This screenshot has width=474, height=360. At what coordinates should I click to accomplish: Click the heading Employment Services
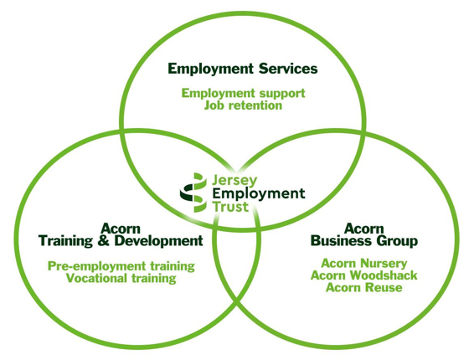tap(243, 69)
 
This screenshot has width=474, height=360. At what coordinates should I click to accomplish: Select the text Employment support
tap(244, 94)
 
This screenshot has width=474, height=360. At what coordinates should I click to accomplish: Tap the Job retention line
tap(244, 105)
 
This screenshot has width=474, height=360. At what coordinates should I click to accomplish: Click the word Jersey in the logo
tap(234, 181)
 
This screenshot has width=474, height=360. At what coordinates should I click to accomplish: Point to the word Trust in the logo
tap(230, 207)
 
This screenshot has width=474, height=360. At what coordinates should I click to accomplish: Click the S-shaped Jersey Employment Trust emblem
tap(193, 193)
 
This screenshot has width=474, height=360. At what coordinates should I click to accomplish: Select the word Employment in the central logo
tap(259, 194)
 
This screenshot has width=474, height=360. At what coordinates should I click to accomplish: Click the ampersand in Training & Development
tap(103, 241)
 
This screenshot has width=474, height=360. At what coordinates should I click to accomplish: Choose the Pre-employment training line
tap(121, 266)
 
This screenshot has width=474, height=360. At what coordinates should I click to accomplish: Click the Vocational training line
tap(121, 278)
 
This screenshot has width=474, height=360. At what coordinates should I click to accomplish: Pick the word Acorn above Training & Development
tap(121, 229)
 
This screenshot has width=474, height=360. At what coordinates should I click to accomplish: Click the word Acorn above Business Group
tap(364, 229)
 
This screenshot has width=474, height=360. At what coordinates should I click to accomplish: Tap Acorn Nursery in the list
tap(364, 264)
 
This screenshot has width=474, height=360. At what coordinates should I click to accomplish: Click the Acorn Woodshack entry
tap(364, 275)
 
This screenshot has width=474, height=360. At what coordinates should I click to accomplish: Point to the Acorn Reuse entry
tap(364, 287)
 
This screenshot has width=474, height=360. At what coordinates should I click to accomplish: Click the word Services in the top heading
tap(288, 69)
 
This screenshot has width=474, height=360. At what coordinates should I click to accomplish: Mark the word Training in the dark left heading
tap(66, 241)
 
